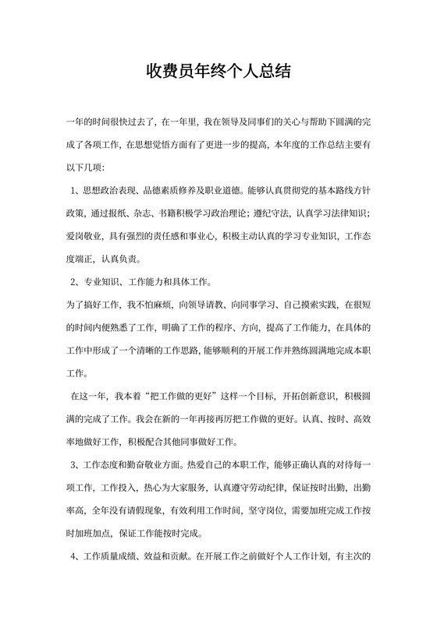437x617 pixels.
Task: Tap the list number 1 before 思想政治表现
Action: point(74,191)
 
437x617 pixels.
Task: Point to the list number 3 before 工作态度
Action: point(74,465)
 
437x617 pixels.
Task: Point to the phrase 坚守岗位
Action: point(272,511)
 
